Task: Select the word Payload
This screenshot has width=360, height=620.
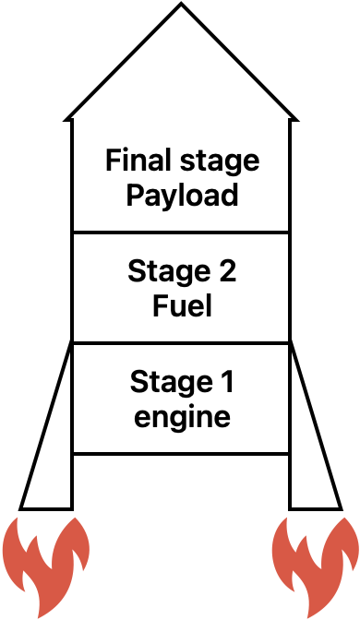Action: (x=182, y=196)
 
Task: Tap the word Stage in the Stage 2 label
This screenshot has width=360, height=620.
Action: (x=162, y=271)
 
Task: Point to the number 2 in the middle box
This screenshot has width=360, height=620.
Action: (x=223, y=271)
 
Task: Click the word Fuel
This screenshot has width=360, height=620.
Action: (x=182, y=304)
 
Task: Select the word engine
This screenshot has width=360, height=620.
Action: (x=182, y=417)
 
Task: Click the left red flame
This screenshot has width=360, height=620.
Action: (x=44, y=563)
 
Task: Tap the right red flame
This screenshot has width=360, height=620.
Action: (x=315, y=563)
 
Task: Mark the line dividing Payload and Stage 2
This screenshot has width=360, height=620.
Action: (x=181, y=232)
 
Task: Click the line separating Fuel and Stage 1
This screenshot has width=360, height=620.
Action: (x=181, y=343)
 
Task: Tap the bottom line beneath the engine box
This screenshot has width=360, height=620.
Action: (x=181, y=453)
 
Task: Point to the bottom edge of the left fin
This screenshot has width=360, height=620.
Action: (x=46, y=508)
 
